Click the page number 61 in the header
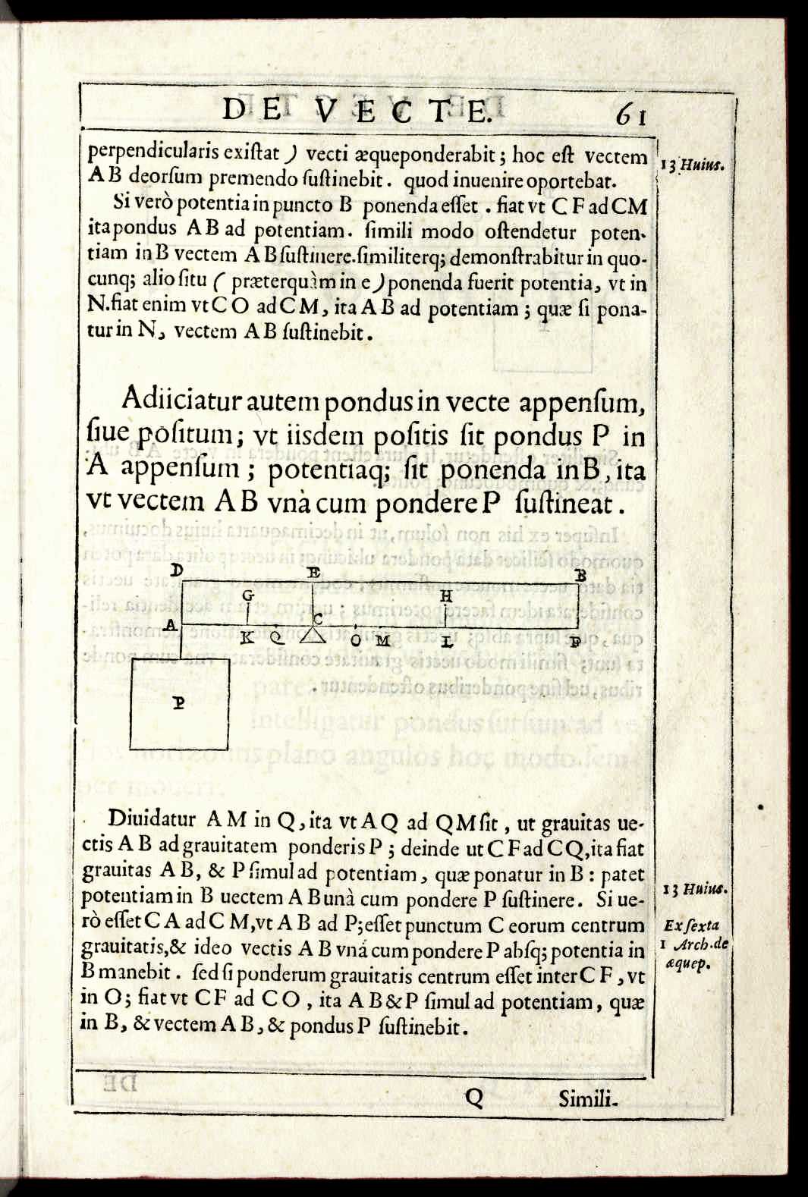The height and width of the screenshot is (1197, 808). tap(631, 115)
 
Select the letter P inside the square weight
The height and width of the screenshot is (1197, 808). tap(179, 703)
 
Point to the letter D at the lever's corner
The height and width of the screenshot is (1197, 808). tap(178, 570)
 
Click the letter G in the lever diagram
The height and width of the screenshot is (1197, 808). tap(247, 597)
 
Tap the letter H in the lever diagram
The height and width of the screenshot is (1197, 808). tap(446, 597)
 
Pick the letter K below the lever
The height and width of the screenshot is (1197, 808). tap(247, 638)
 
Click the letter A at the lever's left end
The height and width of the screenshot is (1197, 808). tap(171, 626)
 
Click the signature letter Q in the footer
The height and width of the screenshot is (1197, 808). tap(473, 1097)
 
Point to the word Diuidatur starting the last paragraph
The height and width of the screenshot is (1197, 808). tap(152, 819)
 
